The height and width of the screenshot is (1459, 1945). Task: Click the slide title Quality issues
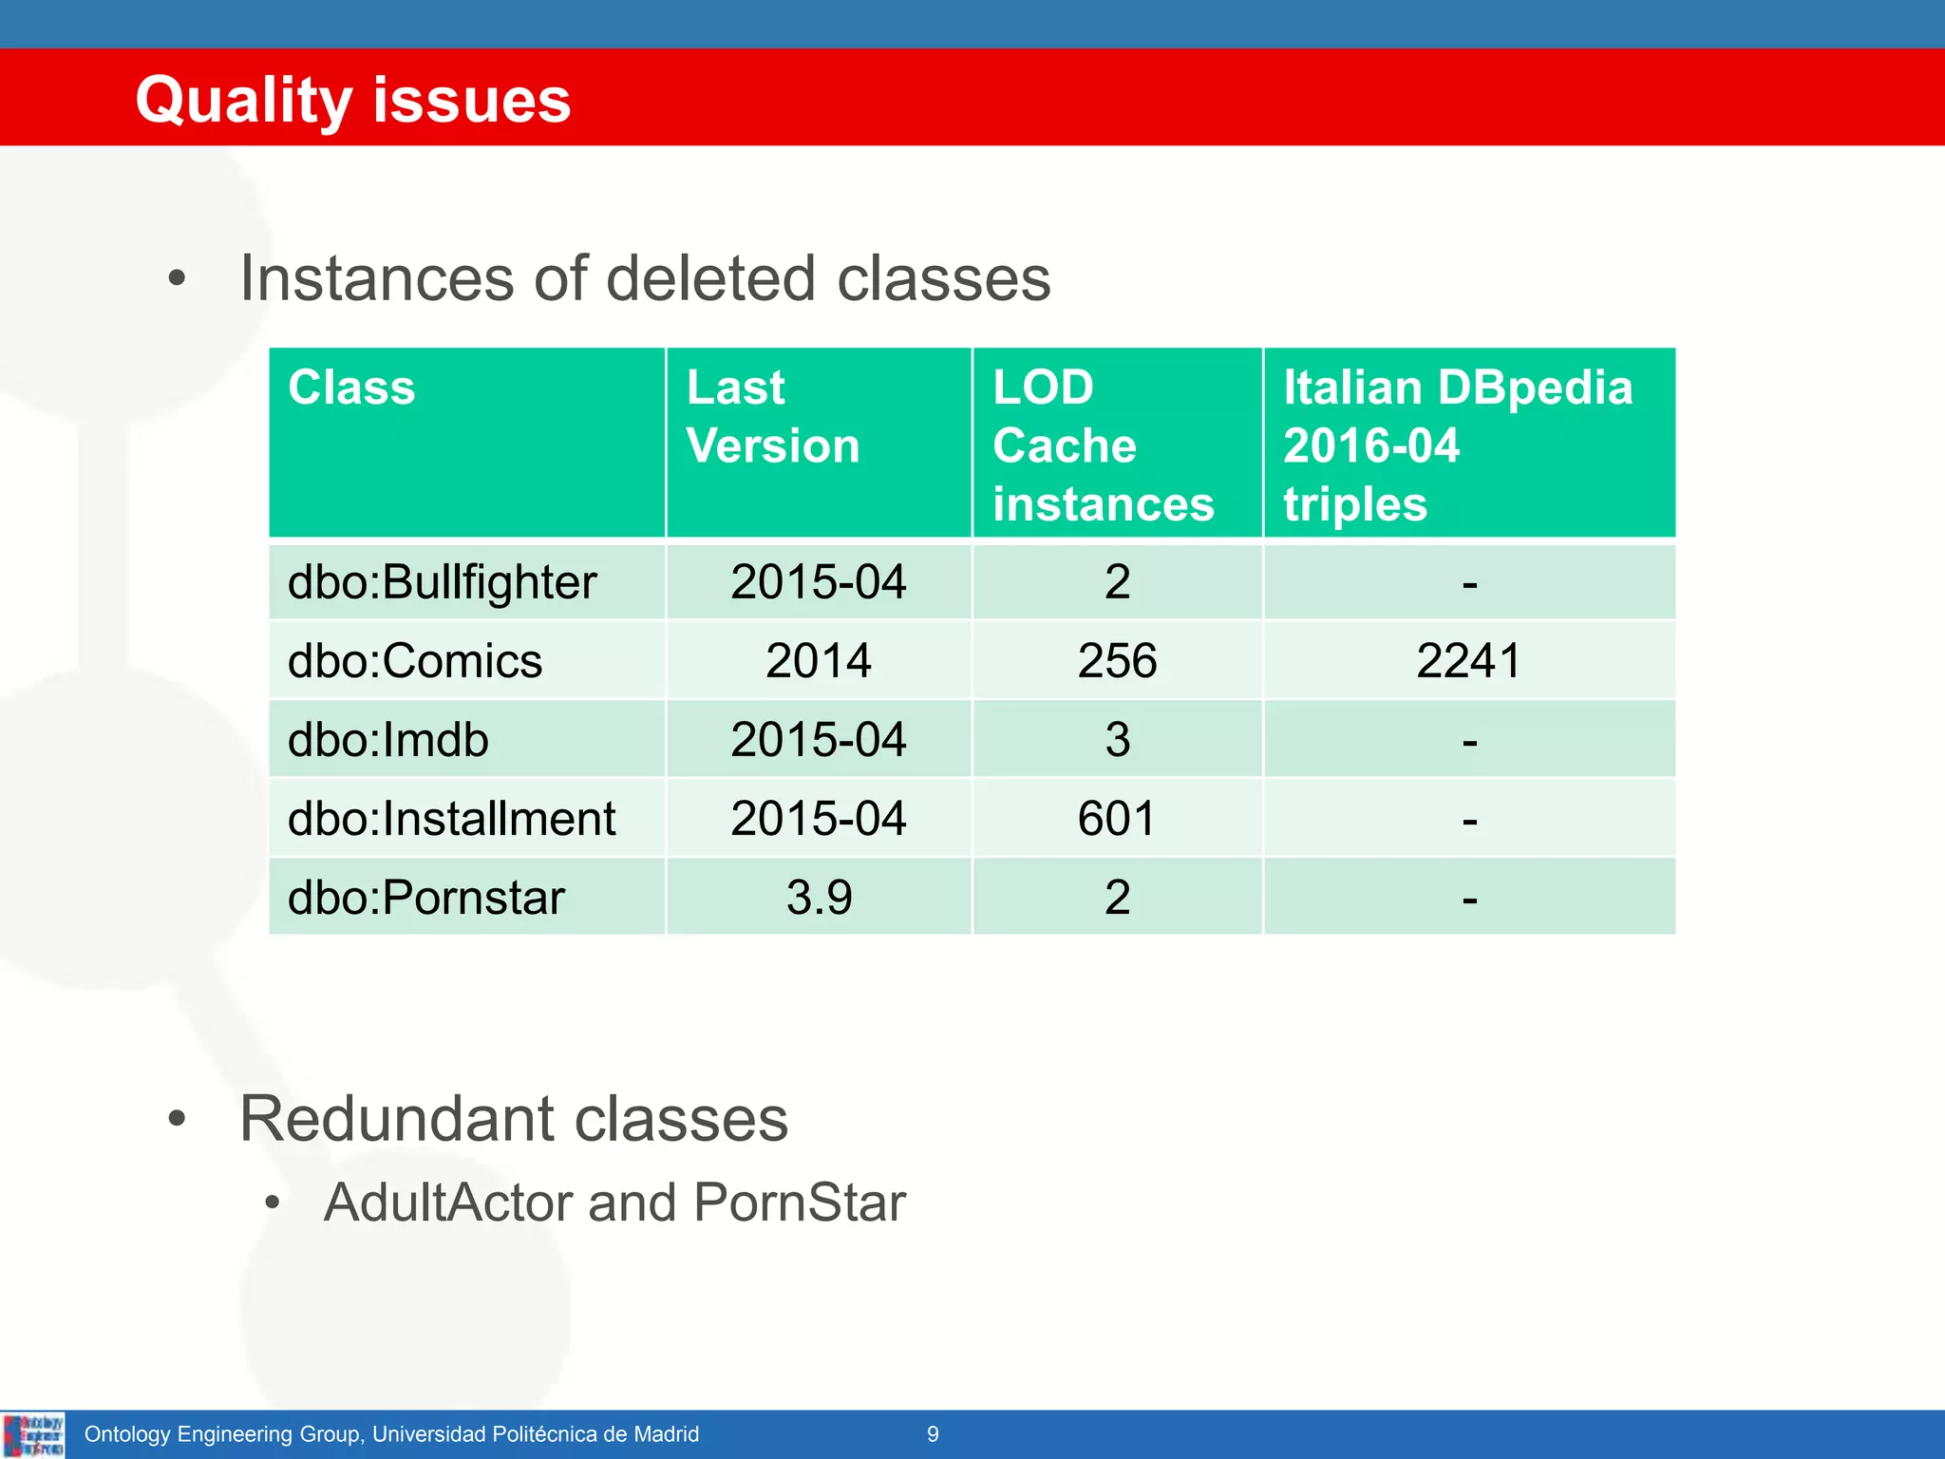coord(352,100)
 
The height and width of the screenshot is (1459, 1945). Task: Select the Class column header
coord(351,388)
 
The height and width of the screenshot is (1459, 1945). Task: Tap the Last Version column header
coord(773,417)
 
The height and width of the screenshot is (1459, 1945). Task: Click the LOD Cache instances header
coord(1103,445)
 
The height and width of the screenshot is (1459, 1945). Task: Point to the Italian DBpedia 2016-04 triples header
coord(1457,445)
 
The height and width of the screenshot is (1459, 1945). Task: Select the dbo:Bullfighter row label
coord(442,582)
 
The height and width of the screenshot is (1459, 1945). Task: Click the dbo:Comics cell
coord(414,661)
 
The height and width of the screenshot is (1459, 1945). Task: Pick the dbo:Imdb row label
coord(387,740)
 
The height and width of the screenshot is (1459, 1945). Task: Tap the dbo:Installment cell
coord(451,819)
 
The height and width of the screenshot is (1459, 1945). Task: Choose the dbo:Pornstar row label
coord(425,898)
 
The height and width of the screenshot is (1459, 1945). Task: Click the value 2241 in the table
coord(1468,661)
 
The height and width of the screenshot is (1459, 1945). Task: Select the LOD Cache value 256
coord(1117,661)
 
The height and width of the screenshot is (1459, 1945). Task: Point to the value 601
coord(1117,819)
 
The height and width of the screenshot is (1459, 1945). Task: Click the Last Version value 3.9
coord(819,898)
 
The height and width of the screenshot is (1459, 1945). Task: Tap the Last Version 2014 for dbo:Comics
coord(819,661)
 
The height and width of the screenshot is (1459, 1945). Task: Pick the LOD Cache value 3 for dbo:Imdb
coord(1118,740)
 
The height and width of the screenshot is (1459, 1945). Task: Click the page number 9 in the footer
coord(933,1434)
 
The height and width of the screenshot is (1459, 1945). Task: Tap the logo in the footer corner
coord(33,1434)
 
